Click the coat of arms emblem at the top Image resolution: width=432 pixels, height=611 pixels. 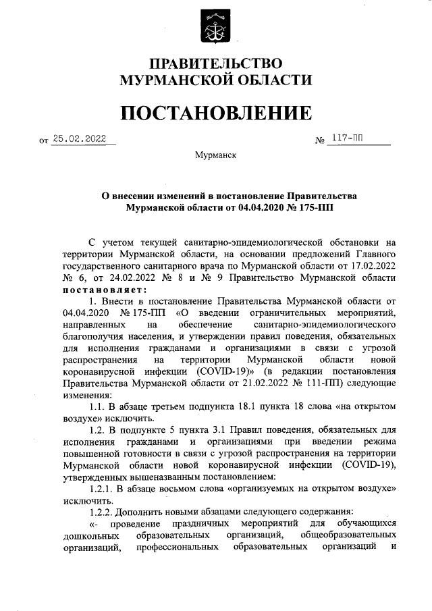click(x=215, y=27)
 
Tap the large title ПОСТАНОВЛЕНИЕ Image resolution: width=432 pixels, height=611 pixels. click(x=215, y=112)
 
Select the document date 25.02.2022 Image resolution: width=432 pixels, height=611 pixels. click(x=80, y=140)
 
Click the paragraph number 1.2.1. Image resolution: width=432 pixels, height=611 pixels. click(x=103, y=489)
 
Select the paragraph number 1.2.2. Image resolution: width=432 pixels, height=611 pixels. click(x=103, y=512)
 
